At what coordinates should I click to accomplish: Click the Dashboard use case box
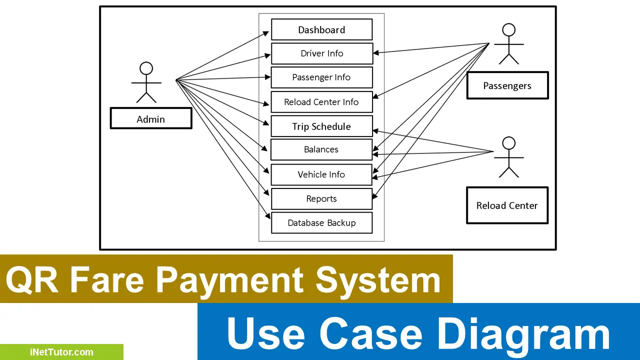(x=321, y=29)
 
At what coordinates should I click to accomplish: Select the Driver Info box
(x=321, y=53)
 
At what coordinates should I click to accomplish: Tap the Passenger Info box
(x=321, y=77)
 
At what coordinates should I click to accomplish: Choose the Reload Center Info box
(x=321, y=102)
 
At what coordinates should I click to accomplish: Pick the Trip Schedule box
(x=321, y=126)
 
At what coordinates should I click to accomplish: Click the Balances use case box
(x=321, y=149)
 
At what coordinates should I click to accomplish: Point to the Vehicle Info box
(x=321, y=174)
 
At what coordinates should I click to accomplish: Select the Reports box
(x=321, y=198)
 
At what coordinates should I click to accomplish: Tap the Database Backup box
(x=321, y=223)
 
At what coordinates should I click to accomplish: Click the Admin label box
(x=151, y=119)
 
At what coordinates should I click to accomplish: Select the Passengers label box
(x=507, y=85)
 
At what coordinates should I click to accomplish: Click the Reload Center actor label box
(x=507, y=205)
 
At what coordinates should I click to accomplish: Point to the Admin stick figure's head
(x=146, y=68)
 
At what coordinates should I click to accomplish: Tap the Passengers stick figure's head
(x=508, y=29)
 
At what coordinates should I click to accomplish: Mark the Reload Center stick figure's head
(x=508, y=143)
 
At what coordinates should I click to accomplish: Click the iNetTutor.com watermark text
(x=61, y=352)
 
